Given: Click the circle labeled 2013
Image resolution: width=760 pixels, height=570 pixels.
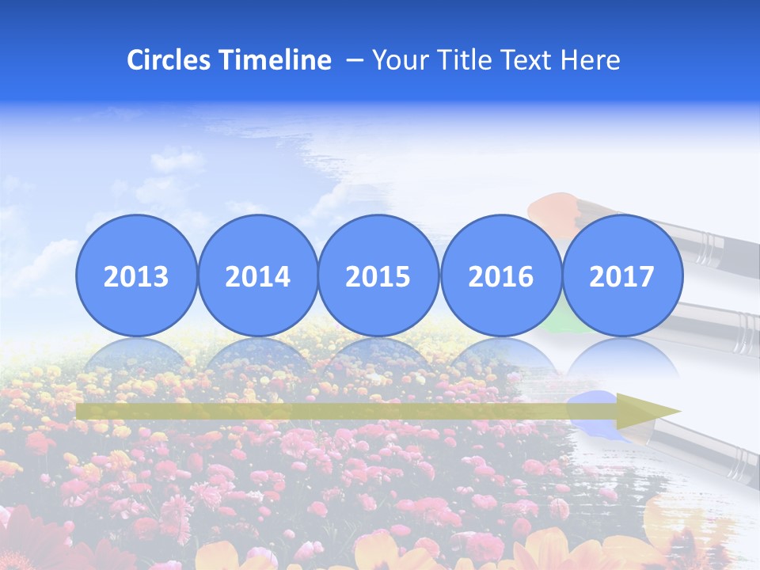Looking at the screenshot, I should click(136, 275).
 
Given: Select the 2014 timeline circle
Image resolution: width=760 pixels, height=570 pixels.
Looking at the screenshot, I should click(258, 275).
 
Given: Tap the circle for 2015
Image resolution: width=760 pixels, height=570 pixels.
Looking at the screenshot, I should click(378, 275).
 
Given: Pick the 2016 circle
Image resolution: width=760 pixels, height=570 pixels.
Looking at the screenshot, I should click(500, 275).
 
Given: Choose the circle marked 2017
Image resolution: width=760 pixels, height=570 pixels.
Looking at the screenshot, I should click(622, 275).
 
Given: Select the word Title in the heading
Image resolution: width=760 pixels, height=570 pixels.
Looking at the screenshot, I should click(462, 60).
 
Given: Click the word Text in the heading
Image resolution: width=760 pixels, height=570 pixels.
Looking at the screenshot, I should click(530, 60).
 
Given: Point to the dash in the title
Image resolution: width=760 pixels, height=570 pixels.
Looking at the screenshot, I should click(355, 60).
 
